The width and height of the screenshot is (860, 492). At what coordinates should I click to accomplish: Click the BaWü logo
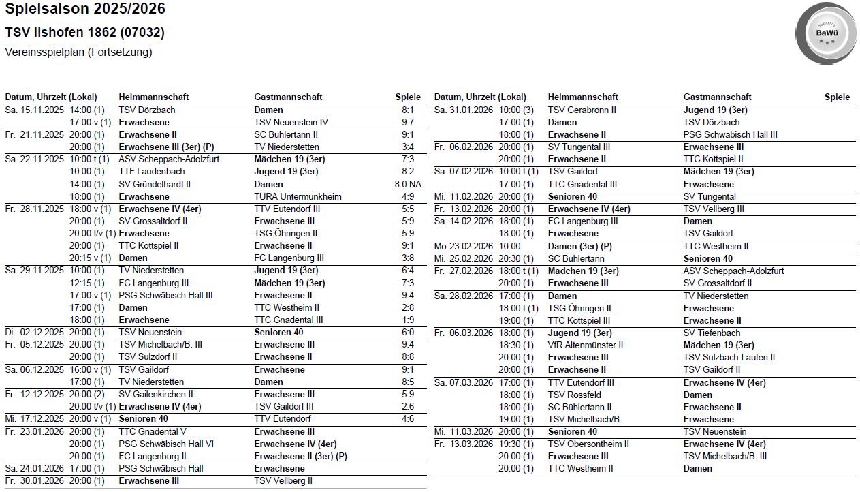[827, 33]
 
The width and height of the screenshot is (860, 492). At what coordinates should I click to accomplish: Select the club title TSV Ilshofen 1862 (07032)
[84, 33]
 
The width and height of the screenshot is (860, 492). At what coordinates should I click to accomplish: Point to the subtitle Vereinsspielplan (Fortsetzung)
[78, 52]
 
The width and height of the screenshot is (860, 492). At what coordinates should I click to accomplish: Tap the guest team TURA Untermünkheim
[298, 197]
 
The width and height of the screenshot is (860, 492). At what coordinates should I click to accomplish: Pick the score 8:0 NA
[408, 185]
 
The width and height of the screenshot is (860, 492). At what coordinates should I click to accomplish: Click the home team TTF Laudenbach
[142, 172]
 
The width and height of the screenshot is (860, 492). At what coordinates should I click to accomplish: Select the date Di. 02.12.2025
[34, 333]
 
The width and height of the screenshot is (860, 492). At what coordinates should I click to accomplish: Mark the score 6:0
[408, 333]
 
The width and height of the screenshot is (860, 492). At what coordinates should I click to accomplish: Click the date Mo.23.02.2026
[463, 246]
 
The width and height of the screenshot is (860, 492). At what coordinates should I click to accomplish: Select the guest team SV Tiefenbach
[712, 333]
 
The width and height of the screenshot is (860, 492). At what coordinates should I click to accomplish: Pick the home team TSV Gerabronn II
[582, 110]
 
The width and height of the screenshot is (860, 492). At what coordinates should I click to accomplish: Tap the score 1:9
[408, 320]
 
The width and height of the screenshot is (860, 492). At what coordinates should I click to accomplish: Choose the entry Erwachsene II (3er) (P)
[300, 457]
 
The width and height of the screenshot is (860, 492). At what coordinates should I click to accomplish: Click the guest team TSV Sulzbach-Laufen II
[729, 358]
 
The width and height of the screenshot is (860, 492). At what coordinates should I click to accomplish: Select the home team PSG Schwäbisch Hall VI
[166, 444]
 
